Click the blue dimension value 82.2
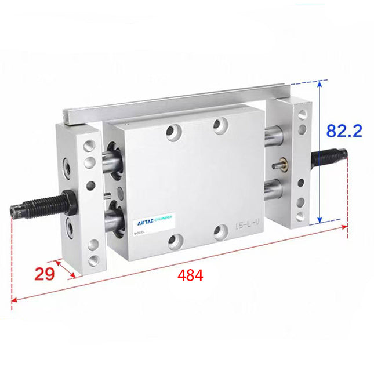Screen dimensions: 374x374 coord(344,130)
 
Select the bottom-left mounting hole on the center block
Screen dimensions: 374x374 coord(173,240)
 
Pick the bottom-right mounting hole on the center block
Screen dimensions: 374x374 coord(219,232)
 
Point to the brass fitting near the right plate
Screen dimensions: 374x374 coord(284,162)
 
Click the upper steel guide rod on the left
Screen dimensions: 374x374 coord(111,162)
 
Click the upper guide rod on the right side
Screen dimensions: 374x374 coord(270,137)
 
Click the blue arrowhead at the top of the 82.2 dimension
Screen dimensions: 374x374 coord(319,85)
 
